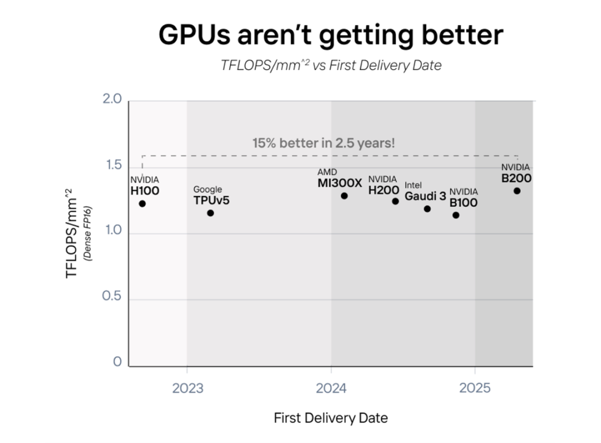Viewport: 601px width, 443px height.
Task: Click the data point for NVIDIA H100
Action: (142, 204)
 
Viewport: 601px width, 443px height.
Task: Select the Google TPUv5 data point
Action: (210, 213)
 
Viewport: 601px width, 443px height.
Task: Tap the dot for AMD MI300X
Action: (344, 196)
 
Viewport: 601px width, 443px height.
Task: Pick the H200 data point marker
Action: (395, 201)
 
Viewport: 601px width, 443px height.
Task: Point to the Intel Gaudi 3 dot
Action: (427, 209)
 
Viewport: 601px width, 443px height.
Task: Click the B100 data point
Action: (456, 215)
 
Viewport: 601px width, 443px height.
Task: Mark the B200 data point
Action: (517, 191)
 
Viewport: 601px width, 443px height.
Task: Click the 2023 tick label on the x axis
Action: (188, 388)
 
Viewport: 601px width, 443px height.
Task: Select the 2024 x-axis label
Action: (331, 388)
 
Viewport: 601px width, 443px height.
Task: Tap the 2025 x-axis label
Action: (475, 388)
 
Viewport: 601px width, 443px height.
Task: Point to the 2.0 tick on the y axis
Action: (112, 100)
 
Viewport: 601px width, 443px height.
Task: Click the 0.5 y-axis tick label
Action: (112, 296)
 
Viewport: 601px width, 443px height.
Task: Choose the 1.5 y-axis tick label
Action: (112, 165)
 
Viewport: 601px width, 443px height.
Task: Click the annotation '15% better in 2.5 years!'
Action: (323, 142)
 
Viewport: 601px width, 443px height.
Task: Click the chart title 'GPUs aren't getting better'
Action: (331, 36)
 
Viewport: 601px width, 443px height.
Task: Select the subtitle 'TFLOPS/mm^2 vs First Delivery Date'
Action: (331, 66)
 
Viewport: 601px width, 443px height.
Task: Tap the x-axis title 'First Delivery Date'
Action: (331, 418)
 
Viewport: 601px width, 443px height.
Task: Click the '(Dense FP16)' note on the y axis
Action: (87, 233)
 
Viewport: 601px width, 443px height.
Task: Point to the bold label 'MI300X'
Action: (339, 183)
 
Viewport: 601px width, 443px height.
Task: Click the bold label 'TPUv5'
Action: (211, 200)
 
